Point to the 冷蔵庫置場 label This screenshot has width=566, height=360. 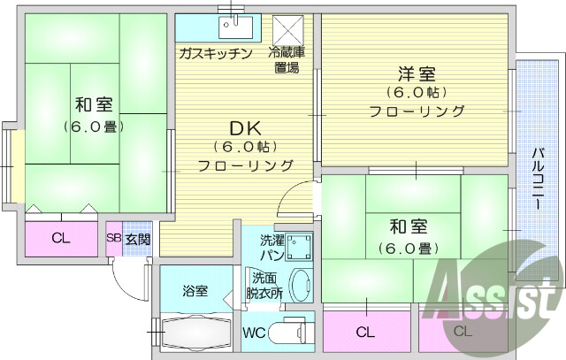click(287, 59)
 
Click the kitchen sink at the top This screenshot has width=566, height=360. click(234, 25)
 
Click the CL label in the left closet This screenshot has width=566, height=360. click(60, 237)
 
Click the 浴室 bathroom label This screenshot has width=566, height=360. click(195, 289)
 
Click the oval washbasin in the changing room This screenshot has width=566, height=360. click(300, 286)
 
